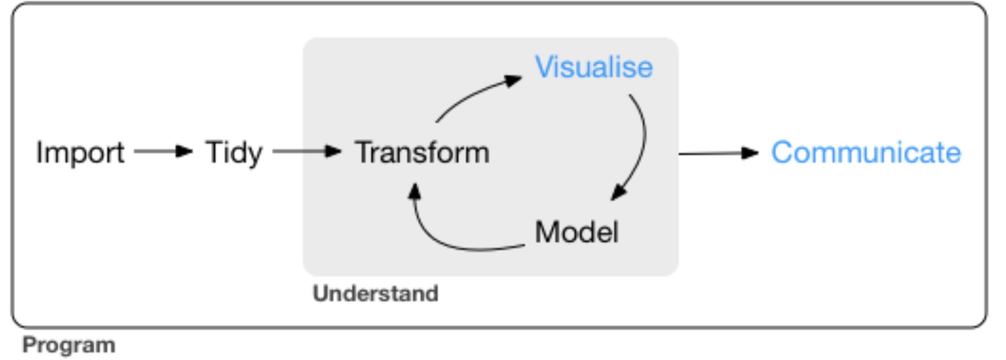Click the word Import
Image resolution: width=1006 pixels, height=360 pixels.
(80, 153)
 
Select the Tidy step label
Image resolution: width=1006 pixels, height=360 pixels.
(234, 153)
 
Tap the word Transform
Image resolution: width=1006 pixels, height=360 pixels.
(422, 153)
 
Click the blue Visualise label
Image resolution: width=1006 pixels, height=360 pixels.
(593, 67)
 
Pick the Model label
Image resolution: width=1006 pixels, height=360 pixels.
(576, 232)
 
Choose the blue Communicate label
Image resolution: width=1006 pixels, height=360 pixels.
(866, 153)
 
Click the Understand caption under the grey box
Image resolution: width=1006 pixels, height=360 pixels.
(375, 293)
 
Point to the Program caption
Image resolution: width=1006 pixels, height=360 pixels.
(69, 345)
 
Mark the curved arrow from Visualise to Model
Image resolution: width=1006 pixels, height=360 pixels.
(643, 143)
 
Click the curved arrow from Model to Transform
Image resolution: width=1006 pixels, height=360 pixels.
(446, 241)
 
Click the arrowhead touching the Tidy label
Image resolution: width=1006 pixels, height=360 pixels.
(184, 151)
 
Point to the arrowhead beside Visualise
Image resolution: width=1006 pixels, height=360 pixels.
(513, 80)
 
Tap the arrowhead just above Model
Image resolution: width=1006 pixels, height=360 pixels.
(618, 193)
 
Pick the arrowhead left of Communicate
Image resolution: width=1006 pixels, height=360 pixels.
(750, 153)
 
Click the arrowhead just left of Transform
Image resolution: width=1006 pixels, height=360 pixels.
(333, 151)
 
